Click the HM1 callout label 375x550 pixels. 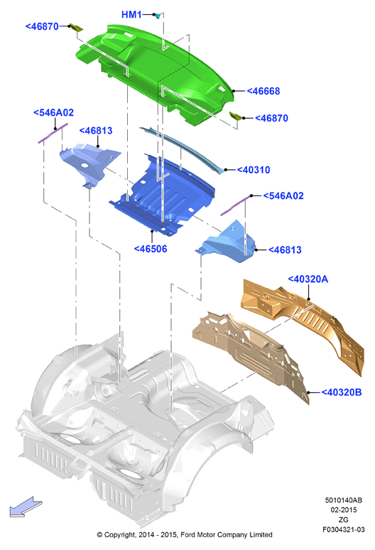coord(131,14)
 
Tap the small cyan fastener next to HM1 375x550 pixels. coord(158,16)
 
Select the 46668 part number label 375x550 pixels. coord(263,91)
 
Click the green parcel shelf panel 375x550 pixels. coord(154,70)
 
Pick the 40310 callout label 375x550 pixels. coord(254,170)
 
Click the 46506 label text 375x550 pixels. coord(151,249)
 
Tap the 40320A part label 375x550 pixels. coord(308,279)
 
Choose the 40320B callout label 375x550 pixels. coord(342,392)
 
